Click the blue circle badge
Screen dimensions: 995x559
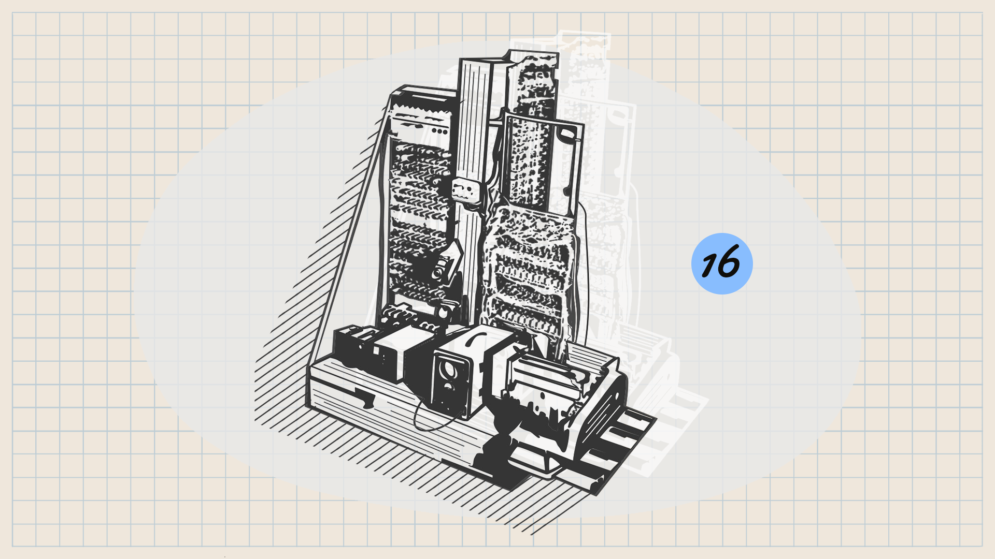point(722,263)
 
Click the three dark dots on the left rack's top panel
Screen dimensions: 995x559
point(440,131)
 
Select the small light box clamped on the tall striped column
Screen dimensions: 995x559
point(464,190)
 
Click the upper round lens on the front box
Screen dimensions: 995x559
point(446,370)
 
